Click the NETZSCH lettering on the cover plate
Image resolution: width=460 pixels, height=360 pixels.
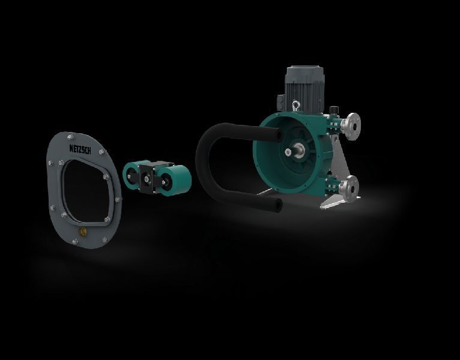point(80,149)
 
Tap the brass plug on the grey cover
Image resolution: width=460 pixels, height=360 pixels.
point(83,232)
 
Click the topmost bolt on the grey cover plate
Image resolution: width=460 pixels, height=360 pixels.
point(70,137)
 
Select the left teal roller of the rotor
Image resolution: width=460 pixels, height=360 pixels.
point(132,176)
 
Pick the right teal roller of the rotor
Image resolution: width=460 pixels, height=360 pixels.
point(174,180)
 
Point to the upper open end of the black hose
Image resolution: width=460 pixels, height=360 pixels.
point(279,135)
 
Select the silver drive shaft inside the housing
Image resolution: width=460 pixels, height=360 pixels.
point(297,150)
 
